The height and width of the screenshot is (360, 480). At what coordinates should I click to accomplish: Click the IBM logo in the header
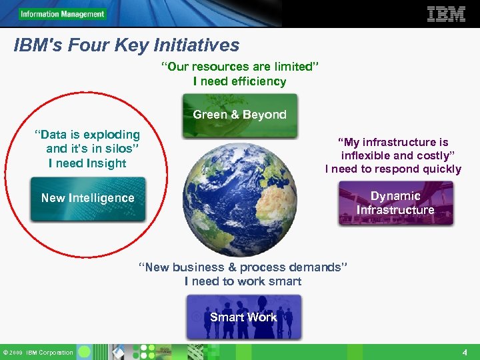446,14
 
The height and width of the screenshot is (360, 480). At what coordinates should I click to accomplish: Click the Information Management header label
62,14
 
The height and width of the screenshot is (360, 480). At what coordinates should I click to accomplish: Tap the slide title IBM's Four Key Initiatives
127,45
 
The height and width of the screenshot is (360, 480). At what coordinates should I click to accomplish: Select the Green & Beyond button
239,115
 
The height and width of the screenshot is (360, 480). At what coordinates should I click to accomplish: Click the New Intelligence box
87,199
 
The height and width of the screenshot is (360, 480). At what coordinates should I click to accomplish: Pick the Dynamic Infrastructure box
395,203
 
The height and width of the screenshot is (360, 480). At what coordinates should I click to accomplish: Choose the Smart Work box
243,318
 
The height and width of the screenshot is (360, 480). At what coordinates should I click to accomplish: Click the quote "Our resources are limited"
240,67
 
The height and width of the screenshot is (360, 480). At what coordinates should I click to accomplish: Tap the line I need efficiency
239,81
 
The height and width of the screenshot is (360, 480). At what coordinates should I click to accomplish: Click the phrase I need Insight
87,163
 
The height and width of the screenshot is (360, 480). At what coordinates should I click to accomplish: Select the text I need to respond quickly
393,169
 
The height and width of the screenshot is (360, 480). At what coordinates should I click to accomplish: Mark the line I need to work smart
243,281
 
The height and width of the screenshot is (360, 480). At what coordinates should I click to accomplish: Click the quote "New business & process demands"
243,267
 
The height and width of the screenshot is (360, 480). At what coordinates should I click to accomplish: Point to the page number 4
465,351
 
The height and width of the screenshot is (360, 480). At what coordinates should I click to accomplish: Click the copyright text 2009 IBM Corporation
41,352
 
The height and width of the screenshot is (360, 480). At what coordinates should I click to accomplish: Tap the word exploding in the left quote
111,135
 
